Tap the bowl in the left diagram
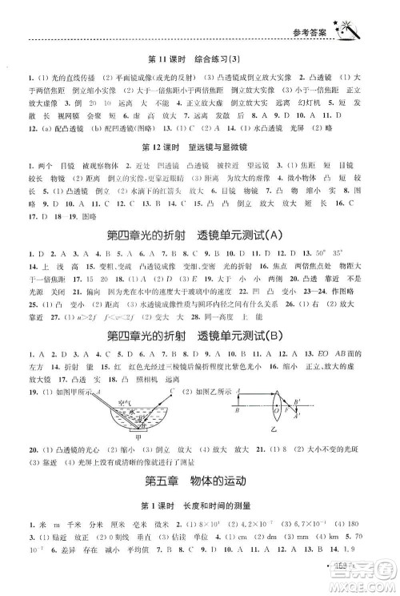click(131, 421)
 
